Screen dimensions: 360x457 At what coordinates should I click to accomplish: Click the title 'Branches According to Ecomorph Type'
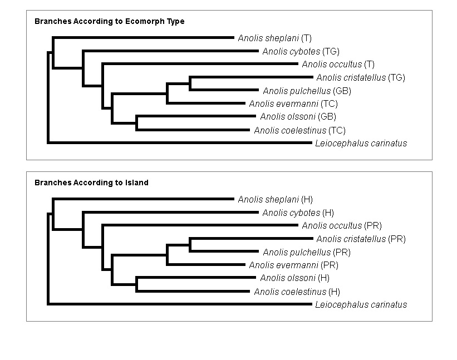click(x=110, y=22)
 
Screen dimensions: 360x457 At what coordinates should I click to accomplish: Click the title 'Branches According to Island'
click(x=91, y=183)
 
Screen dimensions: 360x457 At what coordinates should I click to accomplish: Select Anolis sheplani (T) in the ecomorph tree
click(x=274, y=38)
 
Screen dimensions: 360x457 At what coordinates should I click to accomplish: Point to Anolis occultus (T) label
click(x=338, y=65)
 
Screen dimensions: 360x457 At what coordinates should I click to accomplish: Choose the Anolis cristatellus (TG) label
click(x=360, y=78)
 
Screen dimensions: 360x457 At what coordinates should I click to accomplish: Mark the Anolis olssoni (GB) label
click(x=298, y=117)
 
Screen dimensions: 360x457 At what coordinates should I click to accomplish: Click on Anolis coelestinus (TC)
click(x=299, y=131)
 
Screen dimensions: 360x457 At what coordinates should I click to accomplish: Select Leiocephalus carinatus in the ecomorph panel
click(x=361, y=144)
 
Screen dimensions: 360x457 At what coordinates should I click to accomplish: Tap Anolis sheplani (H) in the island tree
click(x=274, y=199)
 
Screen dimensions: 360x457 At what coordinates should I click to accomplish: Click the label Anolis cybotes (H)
click(x=298, y=213)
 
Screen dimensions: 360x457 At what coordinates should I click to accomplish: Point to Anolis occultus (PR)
click(x=341, y=226)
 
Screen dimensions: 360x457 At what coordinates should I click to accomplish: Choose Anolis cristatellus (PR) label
click(x=361, y=239)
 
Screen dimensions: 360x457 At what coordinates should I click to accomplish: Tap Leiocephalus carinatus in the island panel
click(x=361, y=305)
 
